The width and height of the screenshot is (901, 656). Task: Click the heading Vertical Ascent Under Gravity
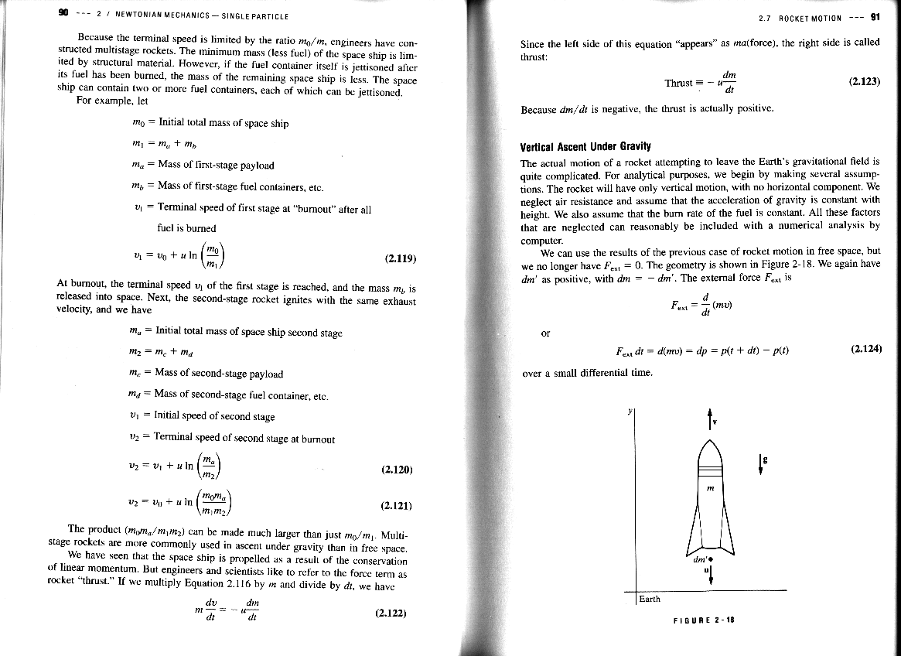tap(585, 146)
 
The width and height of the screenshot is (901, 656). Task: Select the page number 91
tap(875, 16)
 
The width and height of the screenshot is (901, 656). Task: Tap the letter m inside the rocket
tap(709, 487)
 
